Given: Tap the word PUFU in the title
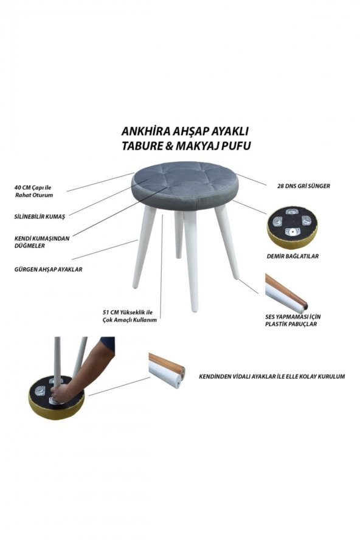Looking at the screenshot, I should tap(237, 146).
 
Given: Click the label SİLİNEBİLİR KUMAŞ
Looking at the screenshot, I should tap(40, 216).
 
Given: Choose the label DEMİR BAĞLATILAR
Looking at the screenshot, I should tap(292, 257).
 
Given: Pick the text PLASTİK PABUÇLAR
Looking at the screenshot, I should tap(291, 325).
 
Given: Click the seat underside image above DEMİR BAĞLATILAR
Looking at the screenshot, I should tap(292, 227).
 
